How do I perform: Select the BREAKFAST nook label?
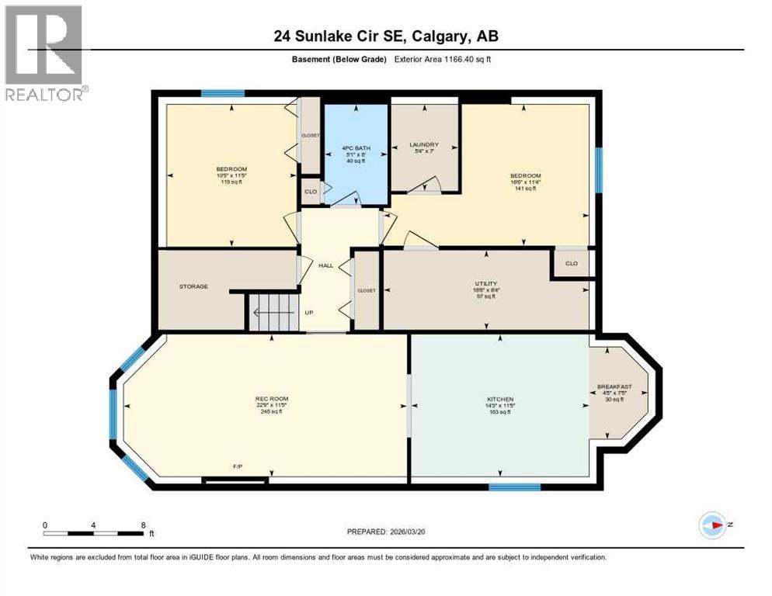tap(614, 386)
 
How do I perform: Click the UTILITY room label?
tap(486, 284)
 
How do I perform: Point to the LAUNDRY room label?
tap(424, 144)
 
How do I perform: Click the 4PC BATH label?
tap(356, 147)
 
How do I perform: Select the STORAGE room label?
tap(193, 286)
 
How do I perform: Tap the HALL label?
tap(325, 265)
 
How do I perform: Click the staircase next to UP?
tap(273, 313)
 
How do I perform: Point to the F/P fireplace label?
tap(238, 466)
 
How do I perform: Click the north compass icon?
tap(711, 525)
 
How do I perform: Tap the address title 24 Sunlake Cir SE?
tap(385, 36)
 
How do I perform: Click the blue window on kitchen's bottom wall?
tap(514, 487)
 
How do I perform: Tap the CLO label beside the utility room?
tap(572, 263)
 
